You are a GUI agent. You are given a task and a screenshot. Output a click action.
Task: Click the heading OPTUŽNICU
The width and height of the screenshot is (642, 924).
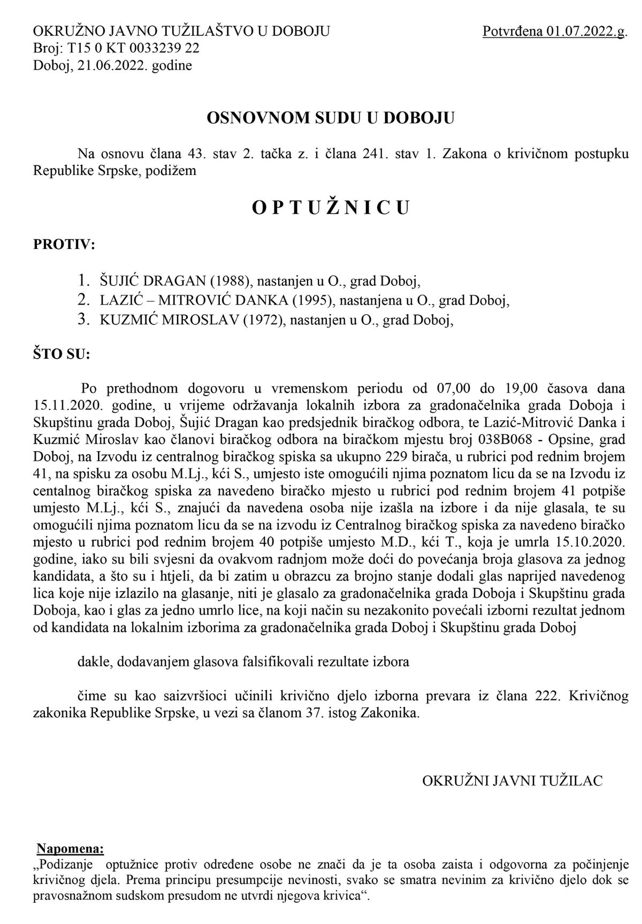[x=330, y=208]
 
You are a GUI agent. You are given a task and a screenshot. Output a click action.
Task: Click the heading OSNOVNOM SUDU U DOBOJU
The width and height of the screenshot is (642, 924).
[x=330, y=118]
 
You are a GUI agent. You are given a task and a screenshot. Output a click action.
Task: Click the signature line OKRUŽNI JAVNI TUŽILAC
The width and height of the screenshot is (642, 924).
[x=512, y=781]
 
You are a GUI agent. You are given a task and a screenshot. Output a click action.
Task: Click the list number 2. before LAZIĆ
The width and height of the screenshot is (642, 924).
[x=83, y=300]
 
